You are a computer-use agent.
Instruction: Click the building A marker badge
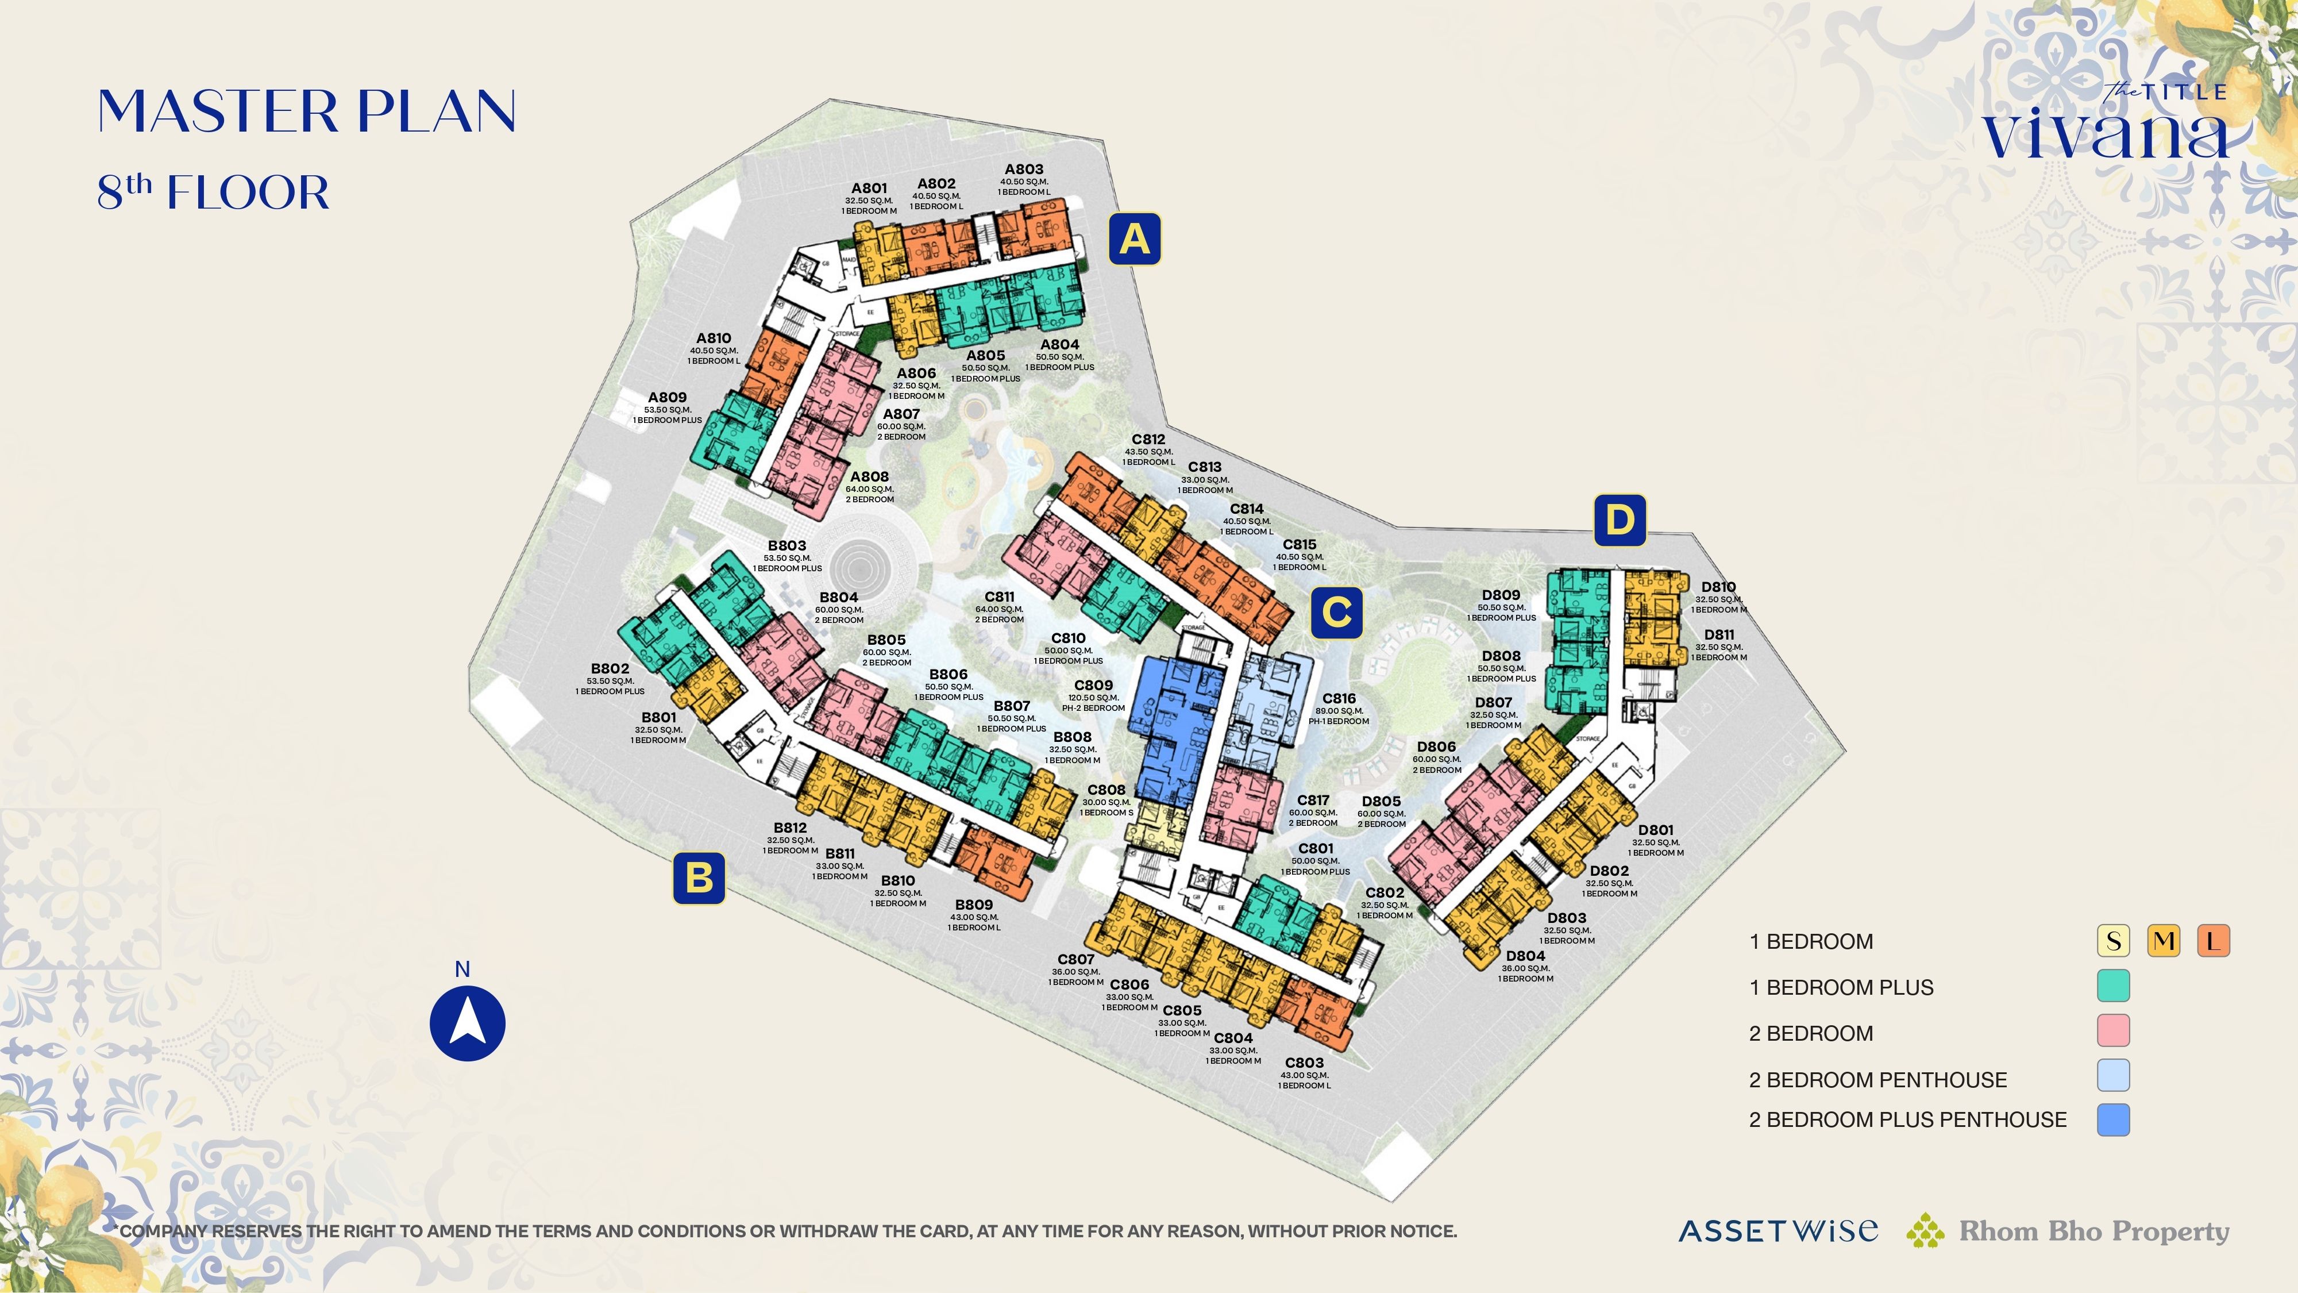point(1134,239)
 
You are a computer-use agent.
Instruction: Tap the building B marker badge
point(699,878)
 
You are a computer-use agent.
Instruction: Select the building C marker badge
point(1336,613)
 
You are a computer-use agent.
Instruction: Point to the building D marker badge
point(1619,519)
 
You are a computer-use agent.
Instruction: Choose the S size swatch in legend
point(2112,941)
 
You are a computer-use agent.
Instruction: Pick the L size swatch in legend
point(2213,941)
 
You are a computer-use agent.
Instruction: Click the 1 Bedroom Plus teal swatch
point(2112,986)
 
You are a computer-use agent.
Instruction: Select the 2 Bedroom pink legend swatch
point(2112,1030)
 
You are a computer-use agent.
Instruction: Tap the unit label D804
point(1525,956)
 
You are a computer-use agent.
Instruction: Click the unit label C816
point(1338,699)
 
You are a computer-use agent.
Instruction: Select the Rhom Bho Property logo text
point(2093,1232)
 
